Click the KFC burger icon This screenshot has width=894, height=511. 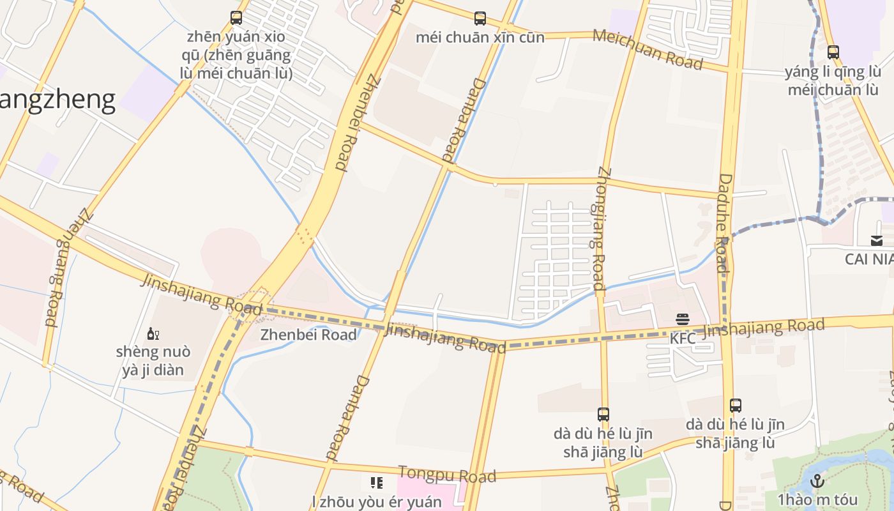pyautogui.click(x=683, y=319)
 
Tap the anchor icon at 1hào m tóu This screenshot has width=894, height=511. pyautogui.click(x=817, y=481)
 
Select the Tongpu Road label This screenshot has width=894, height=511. pyautogui.click(x=447, y=475)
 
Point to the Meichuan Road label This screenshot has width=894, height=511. pyautogui.click(x=648, y=49)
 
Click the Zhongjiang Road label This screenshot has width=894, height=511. pyautogui.click(x=601, y=230)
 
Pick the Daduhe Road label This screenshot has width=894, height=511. pyautogui.click(x=724, y=224)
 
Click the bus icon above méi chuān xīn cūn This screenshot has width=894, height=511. pyautogui.click(x=480, y=19)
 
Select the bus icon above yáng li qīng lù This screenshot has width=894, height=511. pyautogui.click(x=833, y=52)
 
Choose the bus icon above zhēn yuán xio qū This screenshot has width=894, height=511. pyautogui.click(x=236, y=18)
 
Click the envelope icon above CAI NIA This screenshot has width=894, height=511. pyautogui.click(x=877, y=241)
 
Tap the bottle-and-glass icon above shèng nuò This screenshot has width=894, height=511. pyautogui.click(x=153, y=333)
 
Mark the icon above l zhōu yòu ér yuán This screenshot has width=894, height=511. pyautogui.click(x=377, y=482)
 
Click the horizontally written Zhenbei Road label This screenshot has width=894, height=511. pyautogui.click(x=308, y=335)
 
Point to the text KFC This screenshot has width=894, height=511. pyautogui.click(x=683, y=339)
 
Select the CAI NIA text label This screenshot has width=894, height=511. pyautogui.click(x=869, y=259)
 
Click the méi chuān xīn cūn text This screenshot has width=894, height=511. pyautogui.click(x=480, y=37)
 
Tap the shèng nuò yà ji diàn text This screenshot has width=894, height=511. pyautogui.click(x=153, y=361)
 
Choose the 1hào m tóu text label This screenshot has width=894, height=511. pyautogui.click(x=817, y=500)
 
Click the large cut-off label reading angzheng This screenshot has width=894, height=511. pyautogui.click(x=57, y=100)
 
